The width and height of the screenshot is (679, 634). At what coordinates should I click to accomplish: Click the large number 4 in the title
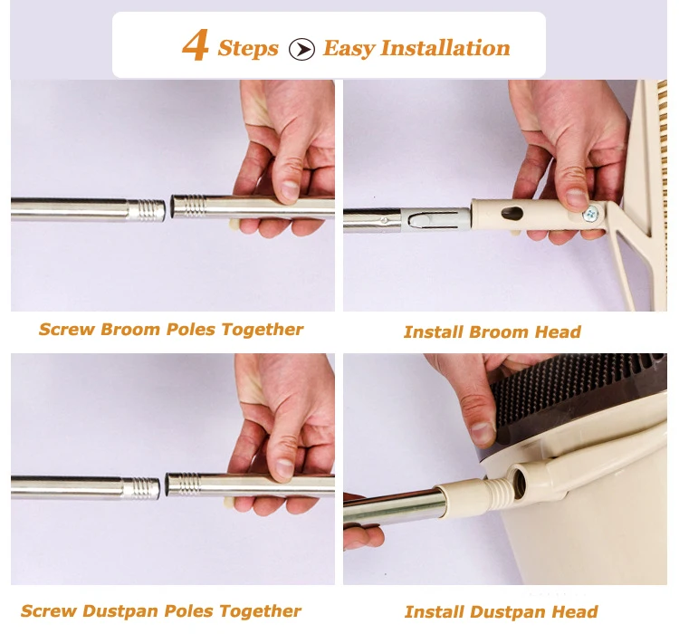196,45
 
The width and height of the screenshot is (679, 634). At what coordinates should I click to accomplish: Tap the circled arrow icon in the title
301,49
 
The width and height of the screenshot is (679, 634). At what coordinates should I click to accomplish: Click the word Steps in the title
248,49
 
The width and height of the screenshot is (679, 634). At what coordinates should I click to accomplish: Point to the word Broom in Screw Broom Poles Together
130,330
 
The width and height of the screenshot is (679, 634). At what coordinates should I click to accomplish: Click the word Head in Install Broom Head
558,332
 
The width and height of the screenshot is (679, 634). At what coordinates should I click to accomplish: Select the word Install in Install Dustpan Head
435,612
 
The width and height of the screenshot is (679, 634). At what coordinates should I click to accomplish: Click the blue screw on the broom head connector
590,213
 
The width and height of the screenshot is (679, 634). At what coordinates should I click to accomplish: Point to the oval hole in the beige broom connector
512,213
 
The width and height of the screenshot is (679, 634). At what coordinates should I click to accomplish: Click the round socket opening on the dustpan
519,479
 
